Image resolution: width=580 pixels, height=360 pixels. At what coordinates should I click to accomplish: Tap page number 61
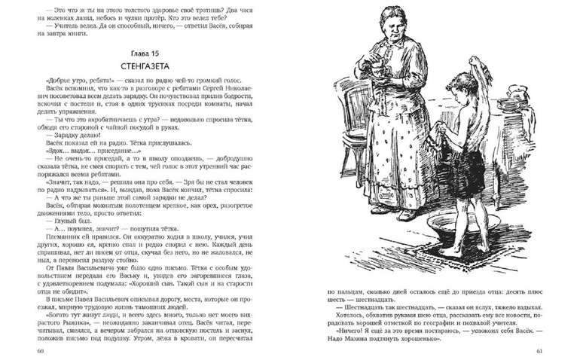pyautogui.click(x=539, y=351)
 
